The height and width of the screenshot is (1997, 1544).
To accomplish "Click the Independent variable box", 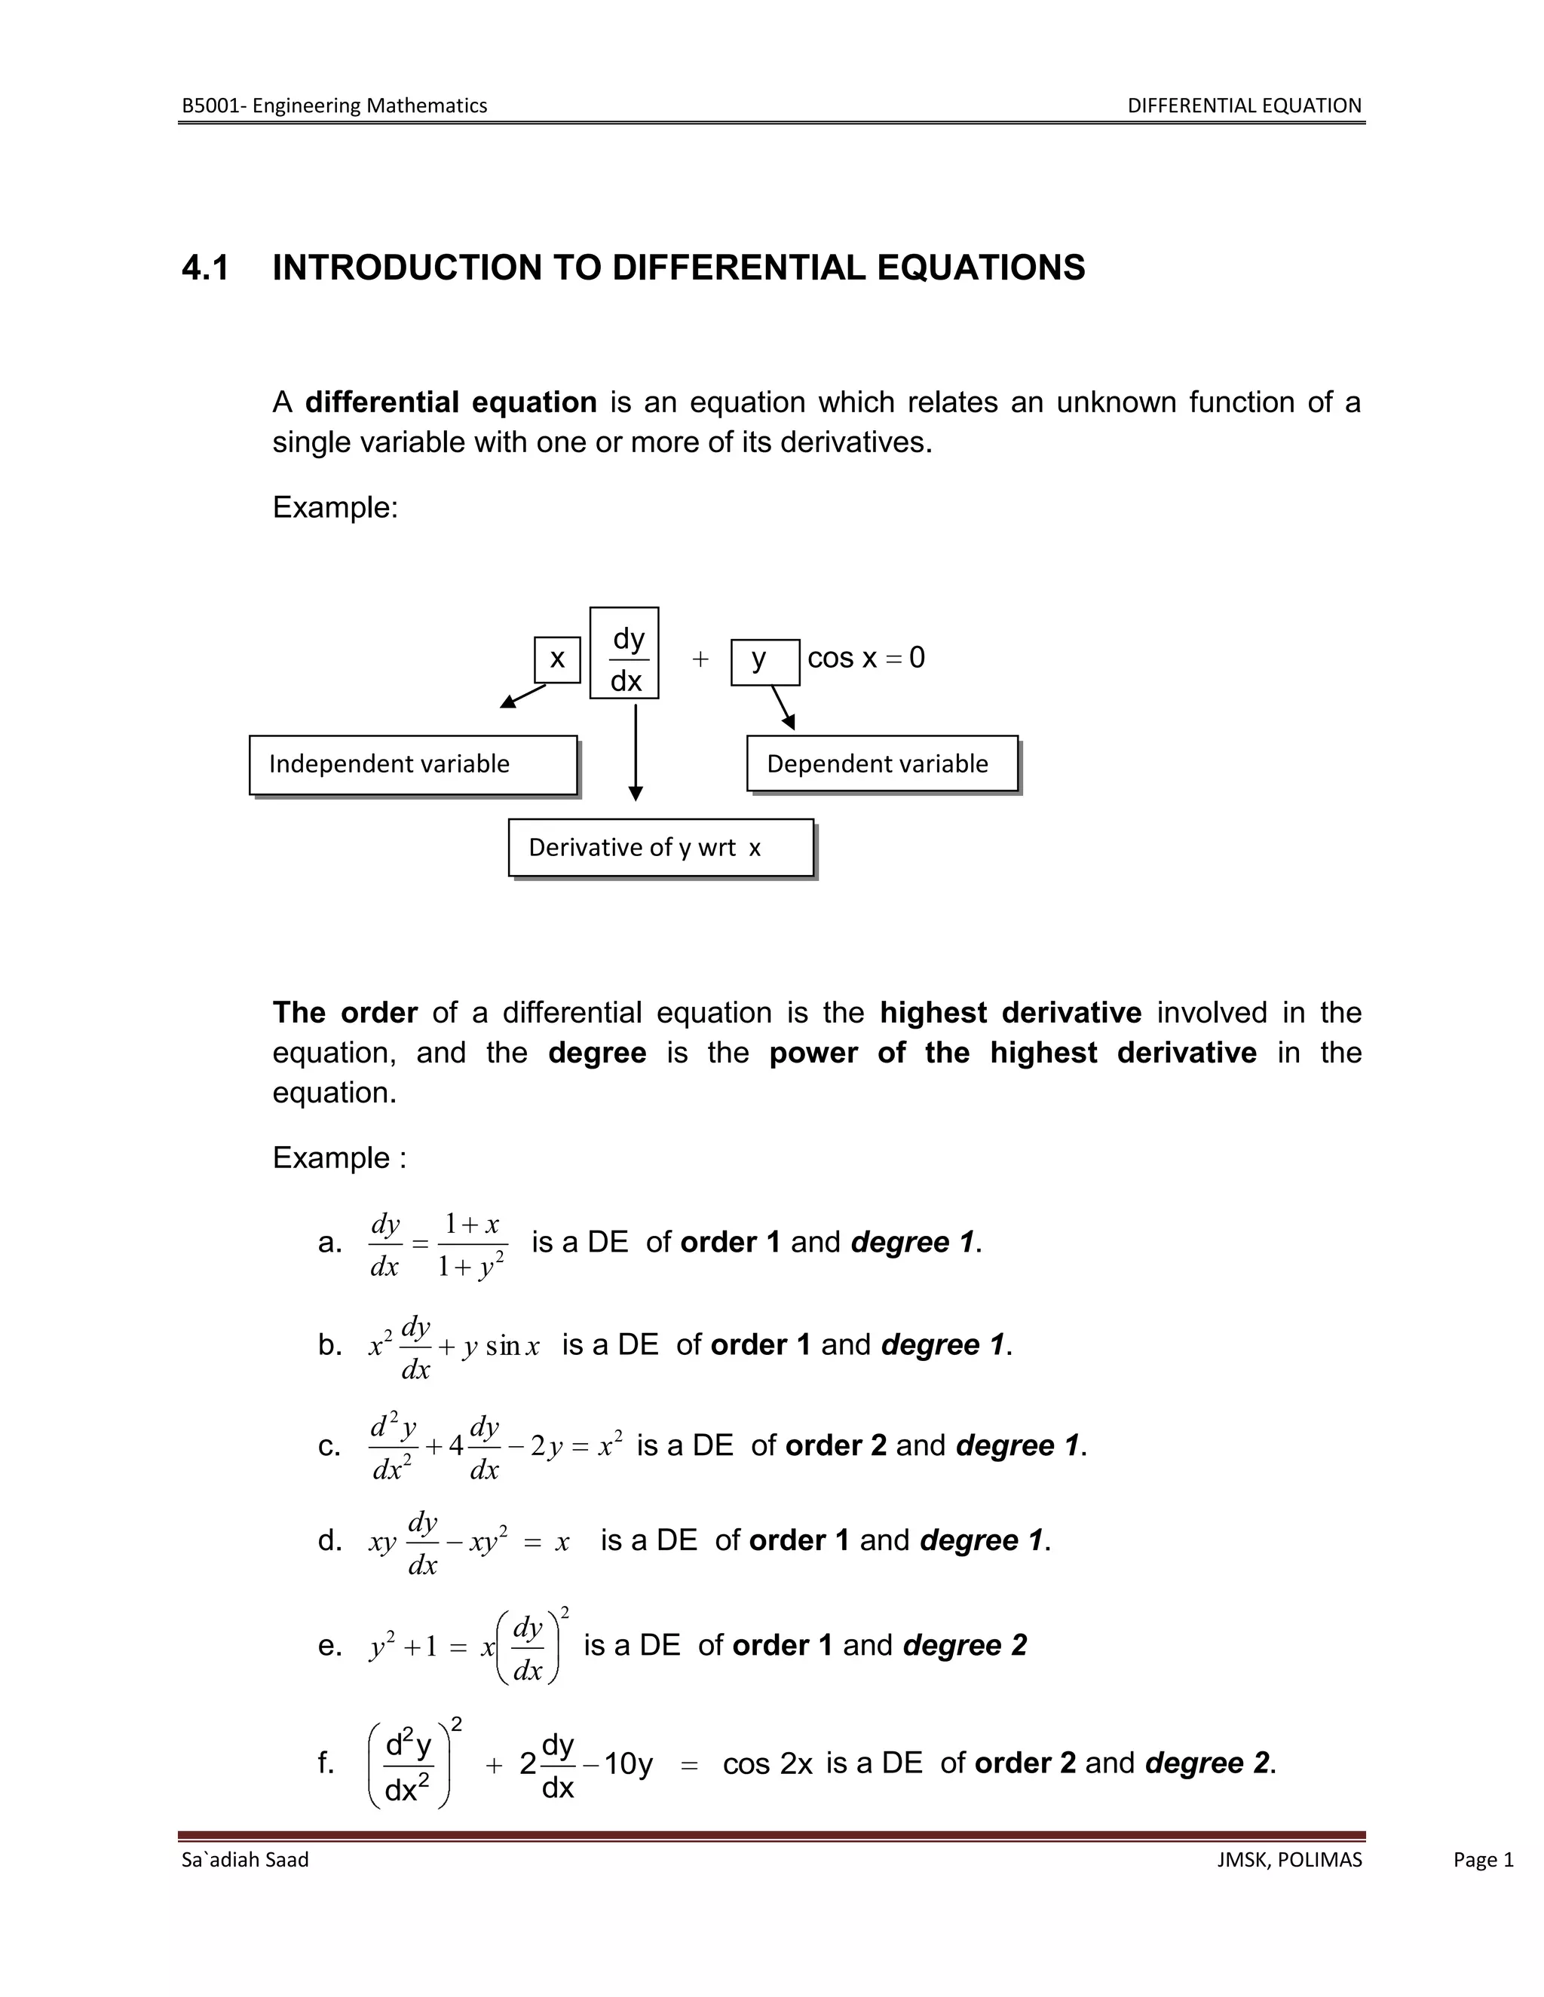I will [412, 764].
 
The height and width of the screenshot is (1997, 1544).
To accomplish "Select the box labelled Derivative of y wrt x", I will [660, 848].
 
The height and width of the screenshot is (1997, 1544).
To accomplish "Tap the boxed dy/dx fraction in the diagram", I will [625, 653].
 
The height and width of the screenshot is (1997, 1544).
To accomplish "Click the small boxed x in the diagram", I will [557, 659].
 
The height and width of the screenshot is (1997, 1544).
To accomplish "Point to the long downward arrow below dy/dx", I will [636, 750].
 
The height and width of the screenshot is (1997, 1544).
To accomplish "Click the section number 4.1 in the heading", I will [206, 268].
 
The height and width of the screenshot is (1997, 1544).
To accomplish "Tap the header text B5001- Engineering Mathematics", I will [334, 106].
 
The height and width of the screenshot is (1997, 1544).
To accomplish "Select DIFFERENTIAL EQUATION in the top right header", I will [1244, 106].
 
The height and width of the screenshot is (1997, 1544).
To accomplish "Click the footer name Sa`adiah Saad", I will [245, 1860].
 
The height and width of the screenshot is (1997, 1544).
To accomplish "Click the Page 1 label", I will [1483, 1860].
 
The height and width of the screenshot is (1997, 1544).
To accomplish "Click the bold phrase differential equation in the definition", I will [451, 402].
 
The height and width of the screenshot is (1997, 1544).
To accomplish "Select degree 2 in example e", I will [965, 1645].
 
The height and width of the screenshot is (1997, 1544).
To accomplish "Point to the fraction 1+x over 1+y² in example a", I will [472, 1244].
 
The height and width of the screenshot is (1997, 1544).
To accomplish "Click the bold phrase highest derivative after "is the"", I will [1009, 1012].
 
